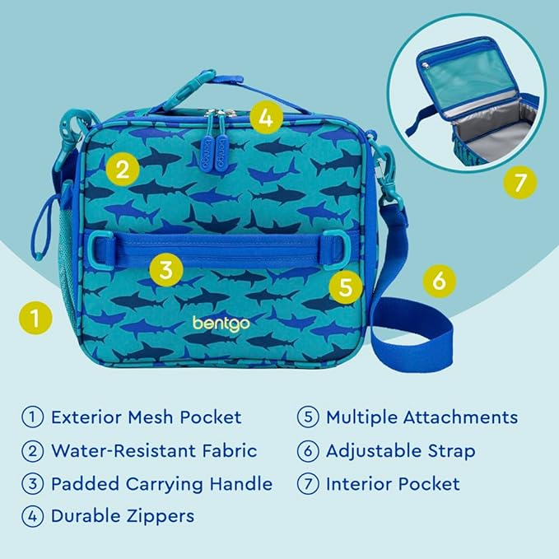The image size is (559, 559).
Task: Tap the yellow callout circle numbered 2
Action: pos(122,170)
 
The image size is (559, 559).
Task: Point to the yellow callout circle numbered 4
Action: pos(264,118)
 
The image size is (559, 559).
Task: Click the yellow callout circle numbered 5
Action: pos(345,287)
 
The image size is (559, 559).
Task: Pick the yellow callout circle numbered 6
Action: pos(439,281)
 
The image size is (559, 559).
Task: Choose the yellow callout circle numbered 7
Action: pos(519,183)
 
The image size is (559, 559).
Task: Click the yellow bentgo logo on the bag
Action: pos(220,322)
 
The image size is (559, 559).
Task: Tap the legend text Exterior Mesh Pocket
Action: pos(146,417)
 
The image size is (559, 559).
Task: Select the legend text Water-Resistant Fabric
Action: pos(154,450)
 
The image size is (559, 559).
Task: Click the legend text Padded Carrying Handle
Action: pos(161,483)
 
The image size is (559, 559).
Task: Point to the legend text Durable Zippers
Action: pos(123,516)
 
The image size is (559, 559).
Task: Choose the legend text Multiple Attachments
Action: pos(422,417)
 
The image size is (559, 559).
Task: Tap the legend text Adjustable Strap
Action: pos(400,450)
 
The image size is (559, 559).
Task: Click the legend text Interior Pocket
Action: pos(393,483)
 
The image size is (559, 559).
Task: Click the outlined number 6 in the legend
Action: pos(308,450)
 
